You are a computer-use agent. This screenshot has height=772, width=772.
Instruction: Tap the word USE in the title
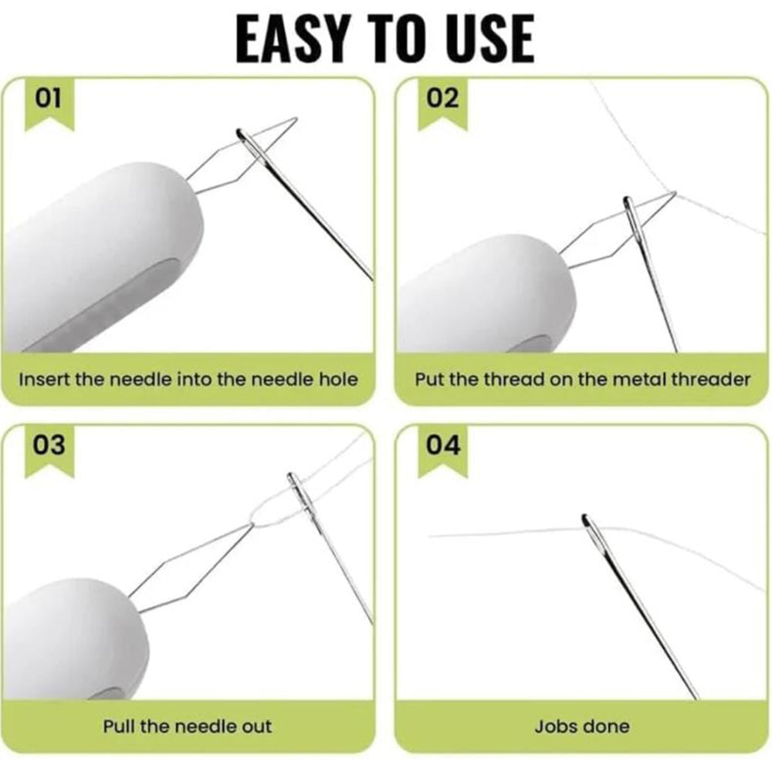pyautogui.click(x=493, y=39)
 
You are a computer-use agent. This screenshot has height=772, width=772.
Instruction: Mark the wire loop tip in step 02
pyautogui.click(x=675, y=193)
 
